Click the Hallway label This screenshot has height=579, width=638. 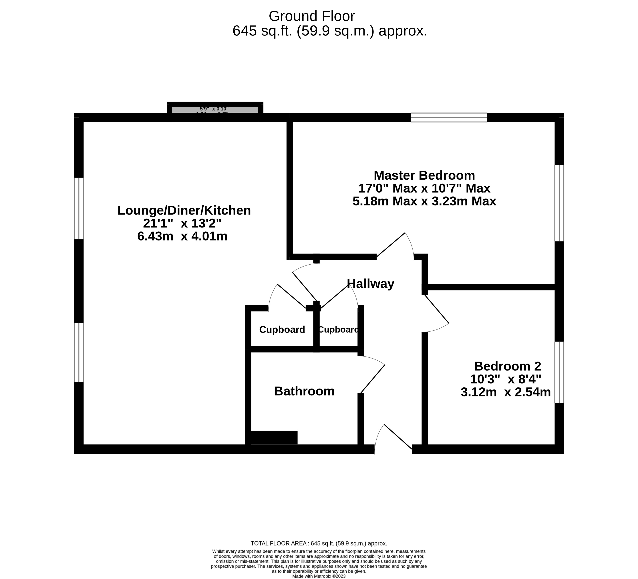click(370, 284)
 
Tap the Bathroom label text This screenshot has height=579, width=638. click(304, 391)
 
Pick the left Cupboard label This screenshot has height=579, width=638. click(282, 330)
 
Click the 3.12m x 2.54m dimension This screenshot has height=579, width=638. click(505, 392)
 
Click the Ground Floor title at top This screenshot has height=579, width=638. click(311, 16)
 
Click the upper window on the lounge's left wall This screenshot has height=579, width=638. click(79, 208)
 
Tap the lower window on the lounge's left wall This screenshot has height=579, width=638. click(79, 352)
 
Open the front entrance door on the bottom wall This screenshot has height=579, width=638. click(393, 440)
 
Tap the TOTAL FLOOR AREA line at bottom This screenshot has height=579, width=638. click(319, 544)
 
